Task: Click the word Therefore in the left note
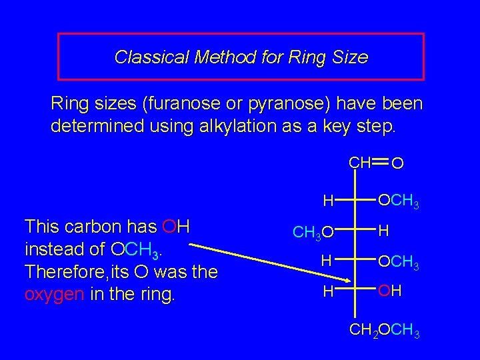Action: coord(57,272)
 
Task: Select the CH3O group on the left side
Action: coord(313,233)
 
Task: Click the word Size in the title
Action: coord(353,57)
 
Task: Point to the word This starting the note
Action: coord(44,227)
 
